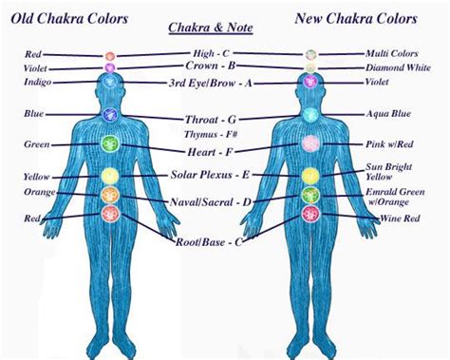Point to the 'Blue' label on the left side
(34, 114)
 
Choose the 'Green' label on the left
(37, 144)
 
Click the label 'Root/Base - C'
(211, 242)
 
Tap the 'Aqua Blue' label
(390, 113)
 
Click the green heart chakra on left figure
(109, 144)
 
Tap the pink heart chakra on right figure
(310, 144)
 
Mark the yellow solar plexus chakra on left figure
(109, 176)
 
